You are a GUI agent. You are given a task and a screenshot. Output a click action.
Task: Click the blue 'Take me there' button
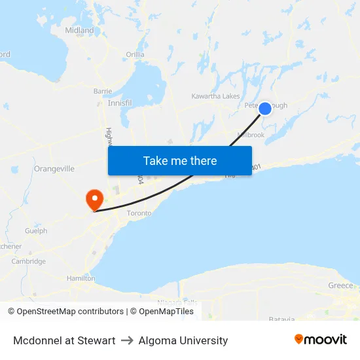tap(180, 160)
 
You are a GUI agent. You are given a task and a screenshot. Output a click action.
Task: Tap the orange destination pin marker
tap(94, 198)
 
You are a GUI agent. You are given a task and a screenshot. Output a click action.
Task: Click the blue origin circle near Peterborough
tap(265, 109)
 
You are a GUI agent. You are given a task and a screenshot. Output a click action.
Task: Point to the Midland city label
tap(79, 30)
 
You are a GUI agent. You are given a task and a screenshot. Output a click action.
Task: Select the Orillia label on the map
tap(135, 54)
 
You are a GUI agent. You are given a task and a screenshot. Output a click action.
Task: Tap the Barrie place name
tap(103, 91)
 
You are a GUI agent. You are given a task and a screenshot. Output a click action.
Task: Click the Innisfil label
tap(119, 103)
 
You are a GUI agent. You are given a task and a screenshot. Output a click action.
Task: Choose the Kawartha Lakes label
tap(215, 96)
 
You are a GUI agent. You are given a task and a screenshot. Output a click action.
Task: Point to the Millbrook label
tap(251, 135)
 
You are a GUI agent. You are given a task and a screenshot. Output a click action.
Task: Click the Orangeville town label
tap(54, 168)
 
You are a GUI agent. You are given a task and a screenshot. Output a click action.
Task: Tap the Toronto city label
tap(139, 213)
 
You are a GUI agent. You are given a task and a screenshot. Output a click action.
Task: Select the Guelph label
tap(36, 230)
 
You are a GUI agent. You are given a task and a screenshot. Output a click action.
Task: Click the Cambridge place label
tap(29, 261)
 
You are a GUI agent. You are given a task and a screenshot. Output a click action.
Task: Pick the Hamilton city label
tap(81, 278)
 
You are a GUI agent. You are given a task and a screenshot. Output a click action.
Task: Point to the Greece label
tap(340, 285)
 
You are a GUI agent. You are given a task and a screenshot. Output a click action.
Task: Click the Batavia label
tap(281, 319)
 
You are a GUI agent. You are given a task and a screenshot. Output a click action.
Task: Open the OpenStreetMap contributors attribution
tap(66, 312)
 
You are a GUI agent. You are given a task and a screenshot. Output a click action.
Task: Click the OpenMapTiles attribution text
tap(166, 312)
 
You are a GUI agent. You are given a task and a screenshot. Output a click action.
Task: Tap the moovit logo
tap(321, 340)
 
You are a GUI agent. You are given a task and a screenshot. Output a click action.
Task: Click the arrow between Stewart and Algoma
tap(127, 340)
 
